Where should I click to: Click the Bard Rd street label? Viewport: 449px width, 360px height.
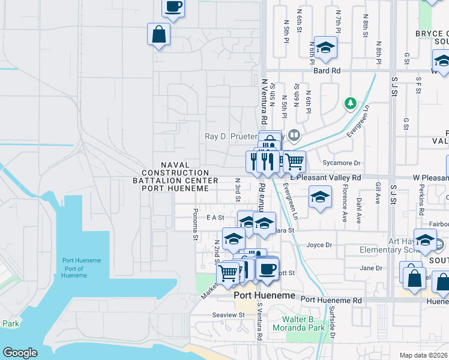327,71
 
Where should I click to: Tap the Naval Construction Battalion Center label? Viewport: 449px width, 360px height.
175,176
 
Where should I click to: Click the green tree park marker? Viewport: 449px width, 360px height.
350,104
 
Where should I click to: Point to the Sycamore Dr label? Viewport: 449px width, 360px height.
340,163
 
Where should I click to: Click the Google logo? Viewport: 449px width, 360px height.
20,353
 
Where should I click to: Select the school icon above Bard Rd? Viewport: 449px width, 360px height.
325,47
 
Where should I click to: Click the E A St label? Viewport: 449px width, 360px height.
215,217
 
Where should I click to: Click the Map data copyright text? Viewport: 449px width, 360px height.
424,355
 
